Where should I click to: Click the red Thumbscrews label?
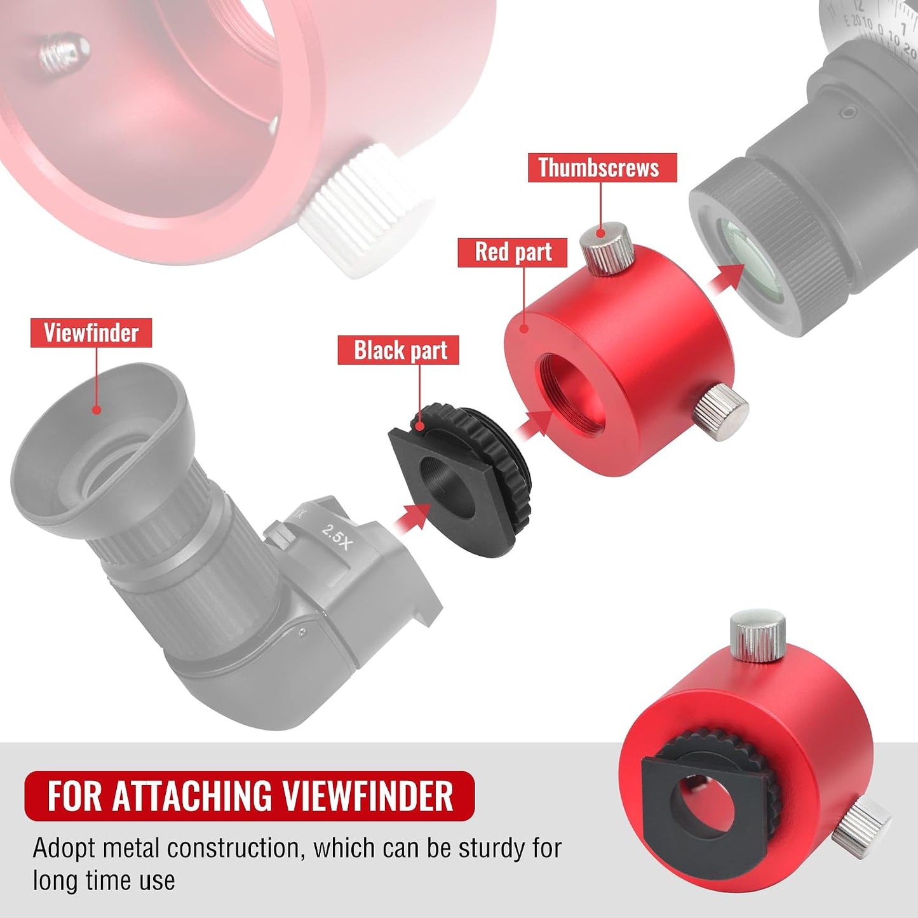pos(602,167)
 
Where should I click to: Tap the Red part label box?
pos(513,252)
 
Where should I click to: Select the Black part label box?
pos(398,350)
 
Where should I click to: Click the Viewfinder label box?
pos(91,332)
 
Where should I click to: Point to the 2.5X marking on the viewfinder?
pos(336,537)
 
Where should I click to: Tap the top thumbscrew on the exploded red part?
pos(606,247)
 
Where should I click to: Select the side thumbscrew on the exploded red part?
pos(721,412)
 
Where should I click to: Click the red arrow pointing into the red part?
pos(534,422)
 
